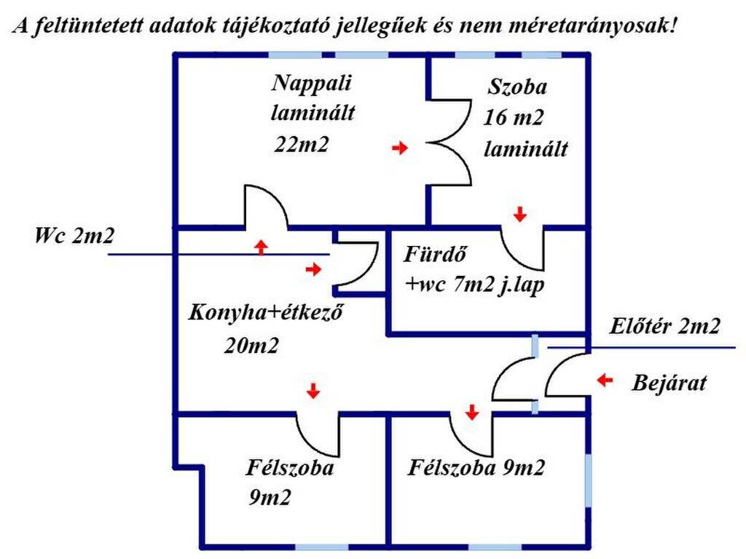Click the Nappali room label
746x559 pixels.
tap(312, 84)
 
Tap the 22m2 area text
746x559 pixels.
tap(301, 144)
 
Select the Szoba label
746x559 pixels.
tap(517, 87)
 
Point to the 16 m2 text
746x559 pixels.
tap(514, 117)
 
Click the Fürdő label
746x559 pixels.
tap(435, 254)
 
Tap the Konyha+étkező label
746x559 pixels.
tap(265, 313)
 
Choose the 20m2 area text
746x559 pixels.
tap(251, 346)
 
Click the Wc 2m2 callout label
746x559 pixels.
tap(74, 235)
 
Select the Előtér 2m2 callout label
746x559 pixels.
tap(664, 326)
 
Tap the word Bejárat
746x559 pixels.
tap(669, 383)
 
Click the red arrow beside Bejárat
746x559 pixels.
tap(605, 380)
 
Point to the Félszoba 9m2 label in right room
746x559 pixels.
tap(476, 468)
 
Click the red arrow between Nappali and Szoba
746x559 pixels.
tap(400, 148)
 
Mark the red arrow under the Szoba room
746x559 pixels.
tap(520, 215)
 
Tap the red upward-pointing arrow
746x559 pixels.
tap(261, 247)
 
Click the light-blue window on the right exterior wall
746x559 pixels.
tap(588, 480)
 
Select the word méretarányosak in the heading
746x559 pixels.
tap(592, 25)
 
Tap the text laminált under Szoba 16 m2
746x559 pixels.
tap(526, 148)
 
